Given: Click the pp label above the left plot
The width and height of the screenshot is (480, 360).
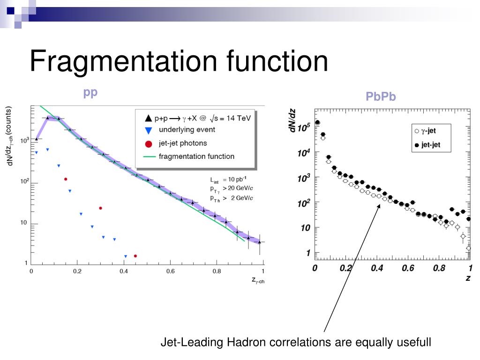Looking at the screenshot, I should pyautogui.click(x=90, y=92).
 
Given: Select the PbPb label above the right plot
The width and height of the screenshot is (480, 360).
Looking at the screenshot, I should pyautogui.click(x=381, y=97).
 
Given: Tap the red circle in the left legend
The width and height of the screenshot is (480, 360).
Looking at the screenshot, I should pyautogui.click(x=149, y=143).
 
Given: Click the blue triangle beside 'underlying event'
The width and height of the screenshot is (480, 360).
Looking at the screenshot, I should pyautogui.click(x=149, y=130).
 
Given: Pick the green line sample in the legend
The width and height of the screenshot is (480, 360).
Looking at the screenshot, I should pyautogui.click(x=149, y=157).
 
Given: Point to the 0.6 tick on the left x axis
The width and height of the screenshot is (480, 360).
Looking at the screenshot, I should pyautogui.click(x=170, y=271).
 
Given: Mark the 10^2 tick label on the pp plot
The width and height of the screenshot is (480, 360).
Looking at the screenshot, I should pyautogui.click(x=22, y=182).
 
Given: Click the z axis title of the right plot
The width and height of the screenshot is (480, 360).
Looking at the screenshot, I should pyautogui.click(x=468, y=278).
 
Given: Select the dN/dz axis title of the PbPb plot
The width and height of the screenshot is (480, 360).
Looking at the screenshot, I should pyautogui.click(x=293, y=120).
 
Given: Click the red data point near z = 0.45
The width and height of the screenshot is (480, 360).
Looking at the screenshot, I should pyautogui.click(x=135, y=256).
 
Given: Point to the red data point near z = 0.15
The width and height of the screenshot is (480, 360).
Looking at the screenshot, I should pyautogui.click(x=66, y=179).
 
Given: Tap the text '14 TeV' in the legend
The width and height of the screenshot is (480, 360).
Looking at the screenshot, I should pyautogui.click(x=239, y=118).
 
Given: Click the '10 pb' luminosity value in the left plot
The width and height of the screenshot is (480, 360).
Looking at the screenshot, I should pyautogui.click(x=237, y=180).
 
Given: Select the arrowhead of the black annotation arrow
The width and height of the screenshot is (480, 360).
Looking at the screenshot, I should pyautogui.click(x=379, y=205).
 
